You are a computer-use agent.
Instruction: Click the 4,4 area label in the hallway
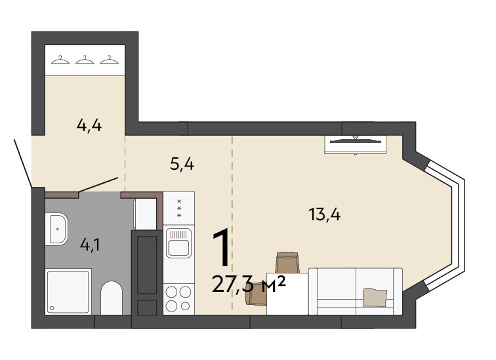89,125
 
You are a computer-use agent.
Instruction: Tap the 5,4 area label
182,164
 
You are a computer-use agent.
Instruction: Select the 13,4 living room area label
325,214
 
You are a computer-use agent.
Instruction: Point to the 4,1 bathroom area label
90,245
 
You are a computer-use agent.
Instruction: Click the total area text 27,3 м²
249,284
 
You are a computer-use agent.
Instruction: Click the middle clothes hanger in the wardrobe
85,60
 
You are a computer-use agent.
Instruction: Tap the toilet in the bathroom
112,298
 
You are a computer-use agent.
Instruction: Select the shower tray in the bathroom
68,291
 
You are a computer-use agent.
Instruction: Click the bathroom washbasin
56,229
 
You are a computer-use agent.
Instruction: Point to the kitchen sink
178,243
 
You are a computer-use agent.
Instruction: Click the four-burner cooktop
178,298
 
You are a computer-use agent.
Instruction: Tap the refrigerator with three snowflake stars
178,209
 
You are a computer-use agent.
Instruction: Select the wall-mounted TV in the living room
355,144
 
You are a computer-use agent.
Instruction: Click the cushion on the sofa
375,297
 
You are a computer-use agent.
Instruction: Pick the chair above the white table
287,262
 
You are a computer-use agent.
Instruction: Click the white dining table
287,294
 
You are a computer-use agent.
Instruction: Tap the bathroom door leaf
98,184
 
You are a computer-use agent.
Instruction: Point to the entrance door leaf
23,163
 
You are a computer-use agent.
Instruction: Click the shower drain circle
52,308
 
